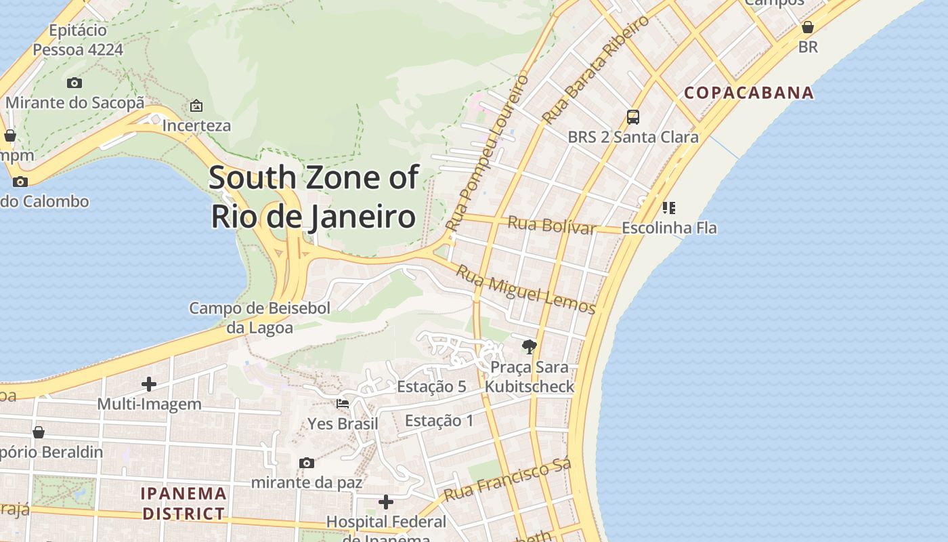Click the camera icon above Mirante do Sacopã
click(x=74, y=83)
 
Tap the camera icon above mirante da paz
click(x=307, y=463)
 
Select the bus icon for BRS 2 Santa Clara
click(x=633, y=117)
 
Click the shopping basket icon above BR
click(x=808, y=28)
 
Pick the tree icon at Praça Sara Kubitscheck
click(x=530, y=348)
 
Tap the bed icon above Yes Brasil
click(x=343, y=404)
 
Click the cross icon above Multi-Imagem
click(x=149, y=385)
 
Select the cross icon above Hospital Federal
click(x=386, y=502)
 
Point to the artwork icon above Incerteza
click(x=196, y=106)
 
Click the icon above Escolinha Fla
click(x=669, y=207)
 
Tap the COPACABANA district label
click(x=749, y=93)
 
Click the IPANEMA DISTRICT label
click(x=184, y=503)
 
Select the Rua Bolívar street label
click(x=552, y=225)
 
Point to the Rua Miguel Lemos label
click(x=525, y=290)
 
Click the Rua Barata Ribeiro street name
click(x=596, y=70)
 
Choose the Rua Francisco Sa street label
click(x=508, y=480)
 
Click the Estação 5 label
click(x=431, y=387)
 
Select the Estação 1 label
click(x=439, y=421)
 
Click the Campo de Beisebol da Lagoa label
click(x=259, y=318)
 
